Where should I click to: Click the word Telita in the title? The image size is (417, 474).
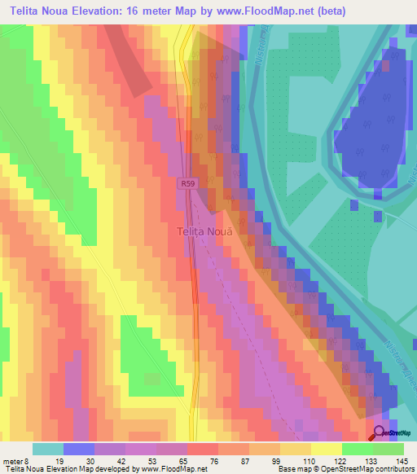point(29,11)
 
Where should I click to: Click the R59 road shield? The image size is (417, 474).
point(188,185)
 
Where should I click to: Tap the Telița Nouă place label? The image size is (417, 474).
point(205,232)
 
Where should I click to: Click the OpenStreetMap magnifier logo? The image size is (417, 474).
point(380,434)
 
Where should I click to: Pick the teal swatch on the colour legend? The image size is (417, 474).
point(47,449)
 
